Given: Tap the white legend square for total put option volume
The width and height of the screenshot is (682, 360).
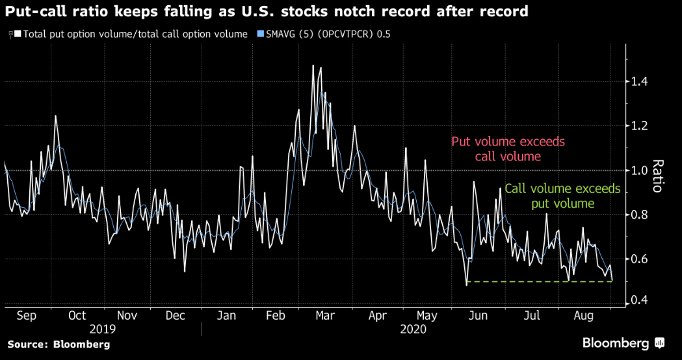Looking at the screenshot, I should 18,34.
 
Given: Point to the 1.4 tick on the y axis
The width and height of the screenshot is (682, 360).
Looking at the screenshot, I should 640,82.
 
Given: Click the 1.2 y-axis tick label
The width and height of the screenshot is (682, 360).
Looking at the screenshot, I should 640,126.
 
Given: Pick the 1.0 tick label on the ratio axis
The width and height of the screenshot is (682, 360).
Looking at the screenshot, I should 640,170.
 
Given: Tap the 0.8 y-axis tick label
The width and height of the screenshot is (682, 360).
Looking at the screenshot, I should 640,215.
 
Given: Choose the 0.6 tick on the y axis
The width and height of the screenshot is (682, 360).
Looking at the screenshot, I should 640,259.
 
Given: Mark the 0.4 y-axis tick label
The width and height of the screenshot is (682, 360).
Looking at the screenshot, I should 640,301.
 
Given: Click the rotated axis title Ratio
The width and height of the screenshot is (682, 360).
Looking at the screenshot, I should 657,176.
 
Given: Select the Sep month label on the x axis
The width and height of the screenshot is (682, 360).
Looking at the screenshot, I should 27,316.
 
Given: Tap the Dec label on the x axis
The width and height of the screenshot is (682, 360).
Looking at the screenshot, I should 176,316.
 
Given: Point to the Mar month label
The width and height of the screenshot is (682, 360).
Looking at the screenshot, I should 324,316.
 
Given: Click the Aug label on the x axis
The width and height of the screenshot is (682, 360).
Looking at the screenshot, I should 582,316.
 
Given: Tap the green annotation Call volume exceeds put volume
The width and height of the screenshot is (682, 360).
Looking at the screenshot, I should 562,196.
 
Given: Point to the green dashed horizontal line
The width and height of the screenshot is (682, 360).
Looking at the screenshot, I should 540,281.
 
